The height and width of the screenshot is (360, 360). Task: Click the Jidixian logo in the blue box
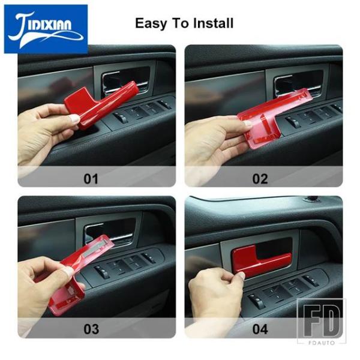click(46, 29)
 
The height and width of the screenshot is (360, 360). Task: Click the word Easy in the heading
click(151, 23)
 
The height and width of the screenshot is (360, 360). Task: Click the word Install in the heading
click(213, 23)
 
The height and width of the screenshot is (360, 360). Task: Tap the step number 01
click(91, 179)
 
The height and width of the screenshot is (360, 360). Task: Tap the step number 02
click(260, 179)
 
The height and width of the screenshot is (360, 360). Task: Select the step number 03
click(91, 329)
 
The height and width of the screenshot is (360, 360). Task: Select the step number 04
click(260, 329)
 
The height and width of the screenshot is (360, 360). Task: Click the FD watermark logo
click(322, 320)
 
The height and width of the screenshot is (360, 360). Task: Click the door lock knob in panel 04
click(311, 199)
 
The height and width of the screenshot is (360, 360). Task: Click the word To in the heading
click(180, 23)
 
